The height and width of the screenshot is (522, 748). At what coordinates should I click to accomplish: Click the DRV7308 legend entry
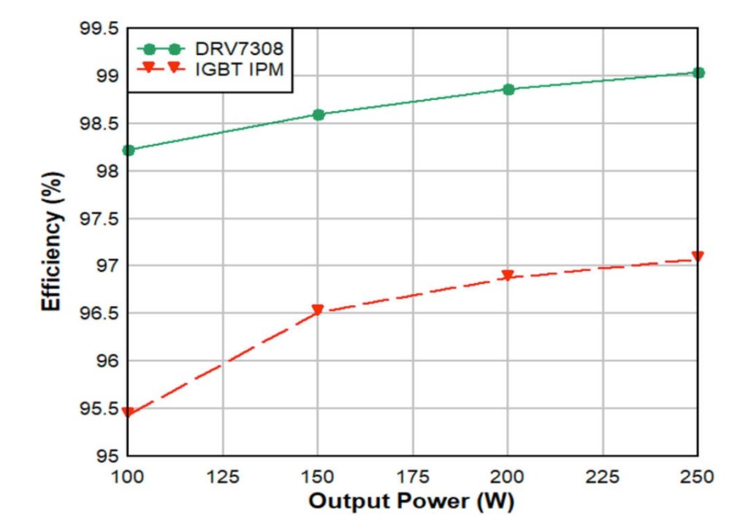coord(226,50)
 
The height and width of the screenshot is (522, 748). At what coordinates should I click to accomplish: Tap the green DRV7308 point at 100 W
coord(129,150)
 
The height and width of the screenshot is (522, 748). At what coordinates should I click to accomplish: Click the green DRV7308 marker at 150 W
coord(318,115)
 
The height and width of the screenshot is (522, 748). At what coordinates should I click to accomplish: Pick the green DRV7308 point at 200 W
coord(508,89)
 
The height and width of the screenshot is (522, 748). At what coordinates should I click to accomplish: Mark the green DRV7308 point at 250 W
coord(698,73)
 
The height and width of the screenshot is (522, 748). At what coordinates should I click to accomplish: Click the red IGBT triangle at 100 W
coord(129,412)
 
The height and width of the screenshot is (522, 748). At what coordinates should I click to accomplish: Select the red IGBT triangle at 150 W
coord(318,310)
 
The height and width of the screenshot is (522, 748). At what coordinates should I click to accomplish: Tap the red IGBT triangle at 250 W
coord(698,257)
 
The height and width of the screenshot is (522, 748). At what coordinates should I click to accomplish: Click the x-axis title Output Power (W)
coord(412,502)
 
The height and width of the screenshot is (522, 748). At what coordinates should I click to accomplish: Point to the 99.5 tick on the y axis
coord(97,29)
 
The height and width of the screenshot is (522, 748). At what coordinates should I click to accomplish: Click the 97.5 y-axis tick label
coord(97,219)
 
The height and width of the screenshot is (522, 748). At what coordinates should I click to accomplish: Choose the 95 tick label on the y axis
coord(105,456)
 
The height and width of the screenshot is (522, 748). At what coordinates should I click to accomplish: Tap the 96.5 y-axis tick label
coord(97,314)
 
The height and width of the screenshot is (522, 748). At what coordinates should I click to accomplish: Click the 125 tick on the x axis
coord(223,477)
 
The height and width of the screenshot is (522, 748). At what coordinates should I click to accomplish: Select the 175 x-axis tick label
coord(413,477)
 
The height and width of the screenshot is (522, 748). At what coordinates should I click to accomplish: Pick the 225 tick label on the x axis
coord(603,477)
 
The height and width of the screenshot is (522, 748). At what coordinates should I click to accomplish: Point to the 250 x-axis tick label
coord(697,477)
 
